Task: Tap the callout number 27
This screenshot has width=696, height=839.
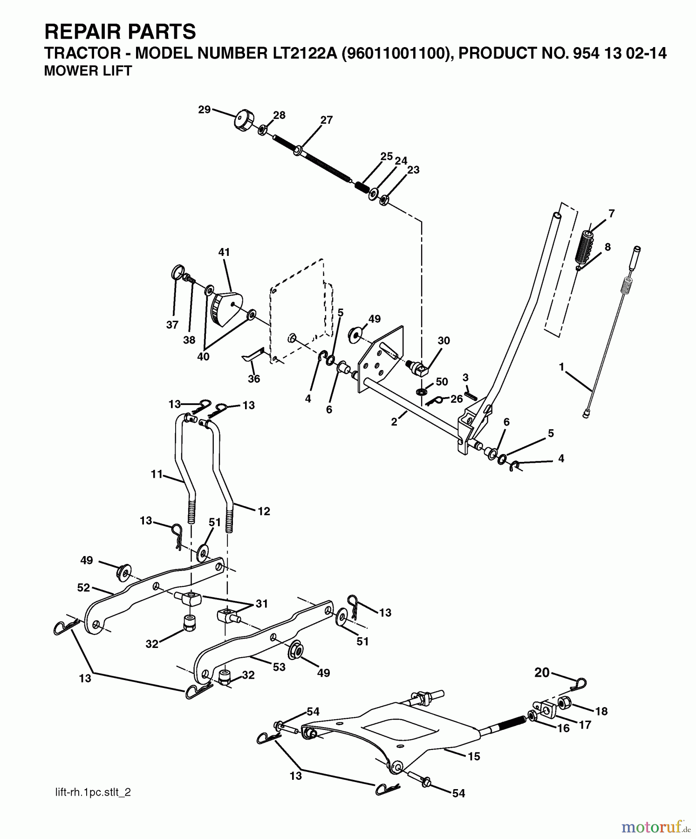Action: [x=327, y=120]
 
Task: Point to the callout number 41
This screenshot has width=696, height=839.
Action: [x=224, y=253]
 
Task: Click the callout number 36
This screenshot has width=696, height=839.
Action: [x=254, y=379]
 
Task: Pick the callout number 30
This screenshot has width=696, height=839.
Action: [x=444, y=341]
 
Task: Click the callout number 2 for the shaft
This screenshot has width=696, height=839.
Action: [x=394, y=422]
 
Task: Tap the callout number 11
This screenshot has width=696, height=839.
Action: [x=157, y=474]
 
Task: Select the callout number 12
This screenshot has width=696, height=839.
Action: [x=264, y=511]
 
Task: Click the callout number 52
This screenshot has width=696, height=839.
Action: [x=83, y=588]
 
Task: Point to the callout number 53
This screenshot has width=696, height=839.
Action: [x=279, y=667]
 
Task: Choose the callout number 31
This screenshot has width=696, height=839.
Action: [x=261, y=604]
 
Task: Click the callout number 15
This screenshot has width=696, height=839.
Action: [x=474, y=756]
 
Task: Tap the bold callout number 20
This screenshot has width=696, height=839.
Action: [x=542, y=673]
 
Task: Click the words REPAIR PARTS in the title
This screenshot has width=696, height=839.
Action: [x=120, y=32]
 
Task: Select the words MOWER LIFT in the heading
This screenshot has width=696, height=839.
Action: [x=88, y=71]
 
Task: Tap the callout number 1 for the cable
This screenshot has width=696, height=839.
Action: [x=562, y=367]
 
